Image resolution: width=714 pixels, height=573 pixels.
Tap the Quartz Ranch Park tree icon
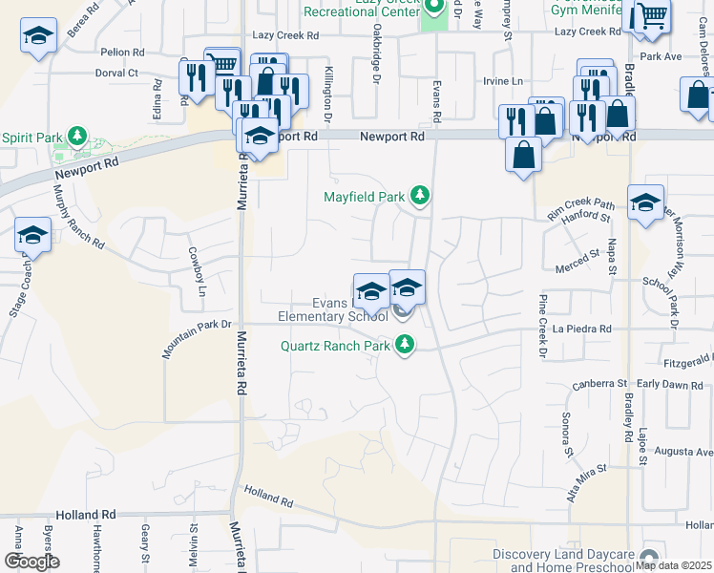point(406,345)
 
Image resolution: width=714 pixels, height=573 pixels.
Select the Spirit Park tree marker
point(77,138)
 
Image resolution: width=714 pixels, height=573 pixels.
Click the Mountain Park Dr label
point(198,339)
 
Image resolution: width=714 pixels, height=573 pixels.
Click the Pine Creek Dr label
point(542,327)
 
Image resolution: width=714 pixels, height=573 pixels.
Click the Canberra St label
point(598,385)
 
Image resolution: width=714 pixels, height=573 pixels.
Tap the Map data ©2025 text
point(673,565)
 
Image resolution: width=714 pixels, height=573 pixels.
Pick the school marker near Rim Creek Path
point(645,202)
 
